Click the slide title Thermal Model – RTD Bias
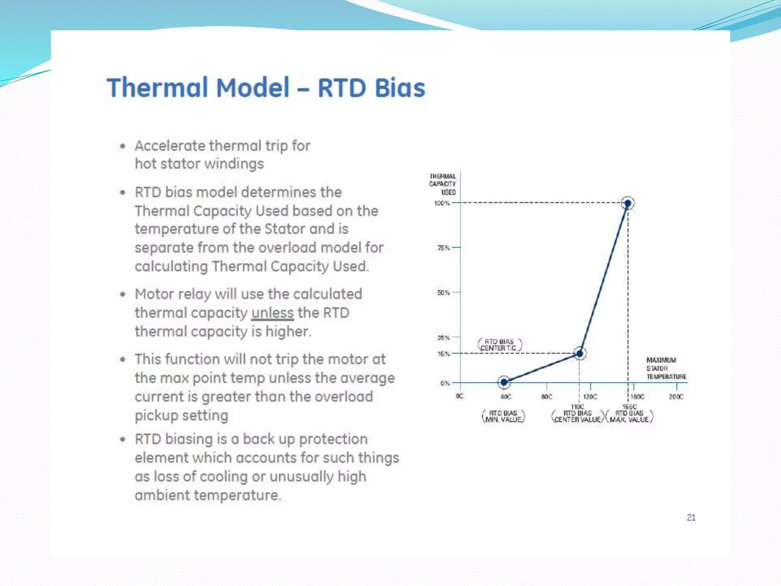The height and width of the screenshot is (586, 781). coord(266,88)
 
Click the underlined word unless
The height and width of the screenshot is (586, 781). coord(272,313)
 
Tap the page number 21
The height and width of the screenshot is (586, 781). coord(691,518)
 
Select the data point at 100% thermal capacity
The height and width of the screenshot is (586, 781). coord(628,203)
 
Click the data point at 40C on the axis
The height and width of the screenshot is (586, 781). coord(504,382)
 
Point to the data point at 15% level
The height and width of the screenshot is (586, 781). coord(580,354)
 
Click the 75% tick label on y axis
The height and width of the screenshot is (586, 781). coord(444,248)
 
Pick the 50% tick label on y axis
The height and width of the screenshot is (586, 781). coord(444,293)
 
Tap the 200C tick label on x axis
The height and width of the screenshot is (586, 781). coord(676,397)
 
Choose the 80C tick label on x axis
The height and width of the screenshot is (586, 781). coord(546,397)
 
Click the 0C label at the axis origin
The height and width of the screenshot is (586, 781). coord(460,396)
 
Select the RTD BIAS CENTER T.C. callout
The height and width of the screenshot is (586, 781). coord(500,345)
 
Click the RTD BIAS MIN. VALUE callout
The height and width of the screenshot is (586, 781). coord(503,416)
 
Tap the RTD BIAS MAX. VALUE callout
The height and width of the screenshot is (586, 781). coord(629,416)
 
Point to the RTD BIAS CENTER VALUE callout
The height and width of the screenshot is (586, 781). coord(577,416)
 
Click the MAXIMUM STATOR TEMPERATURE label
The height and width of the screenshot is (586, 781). coord(666,368)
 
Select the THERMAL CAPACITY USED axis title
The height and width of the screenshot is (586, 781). coord(443,184)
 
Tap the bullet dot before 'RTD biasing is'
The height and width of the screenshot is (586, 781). coord(122,439)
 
